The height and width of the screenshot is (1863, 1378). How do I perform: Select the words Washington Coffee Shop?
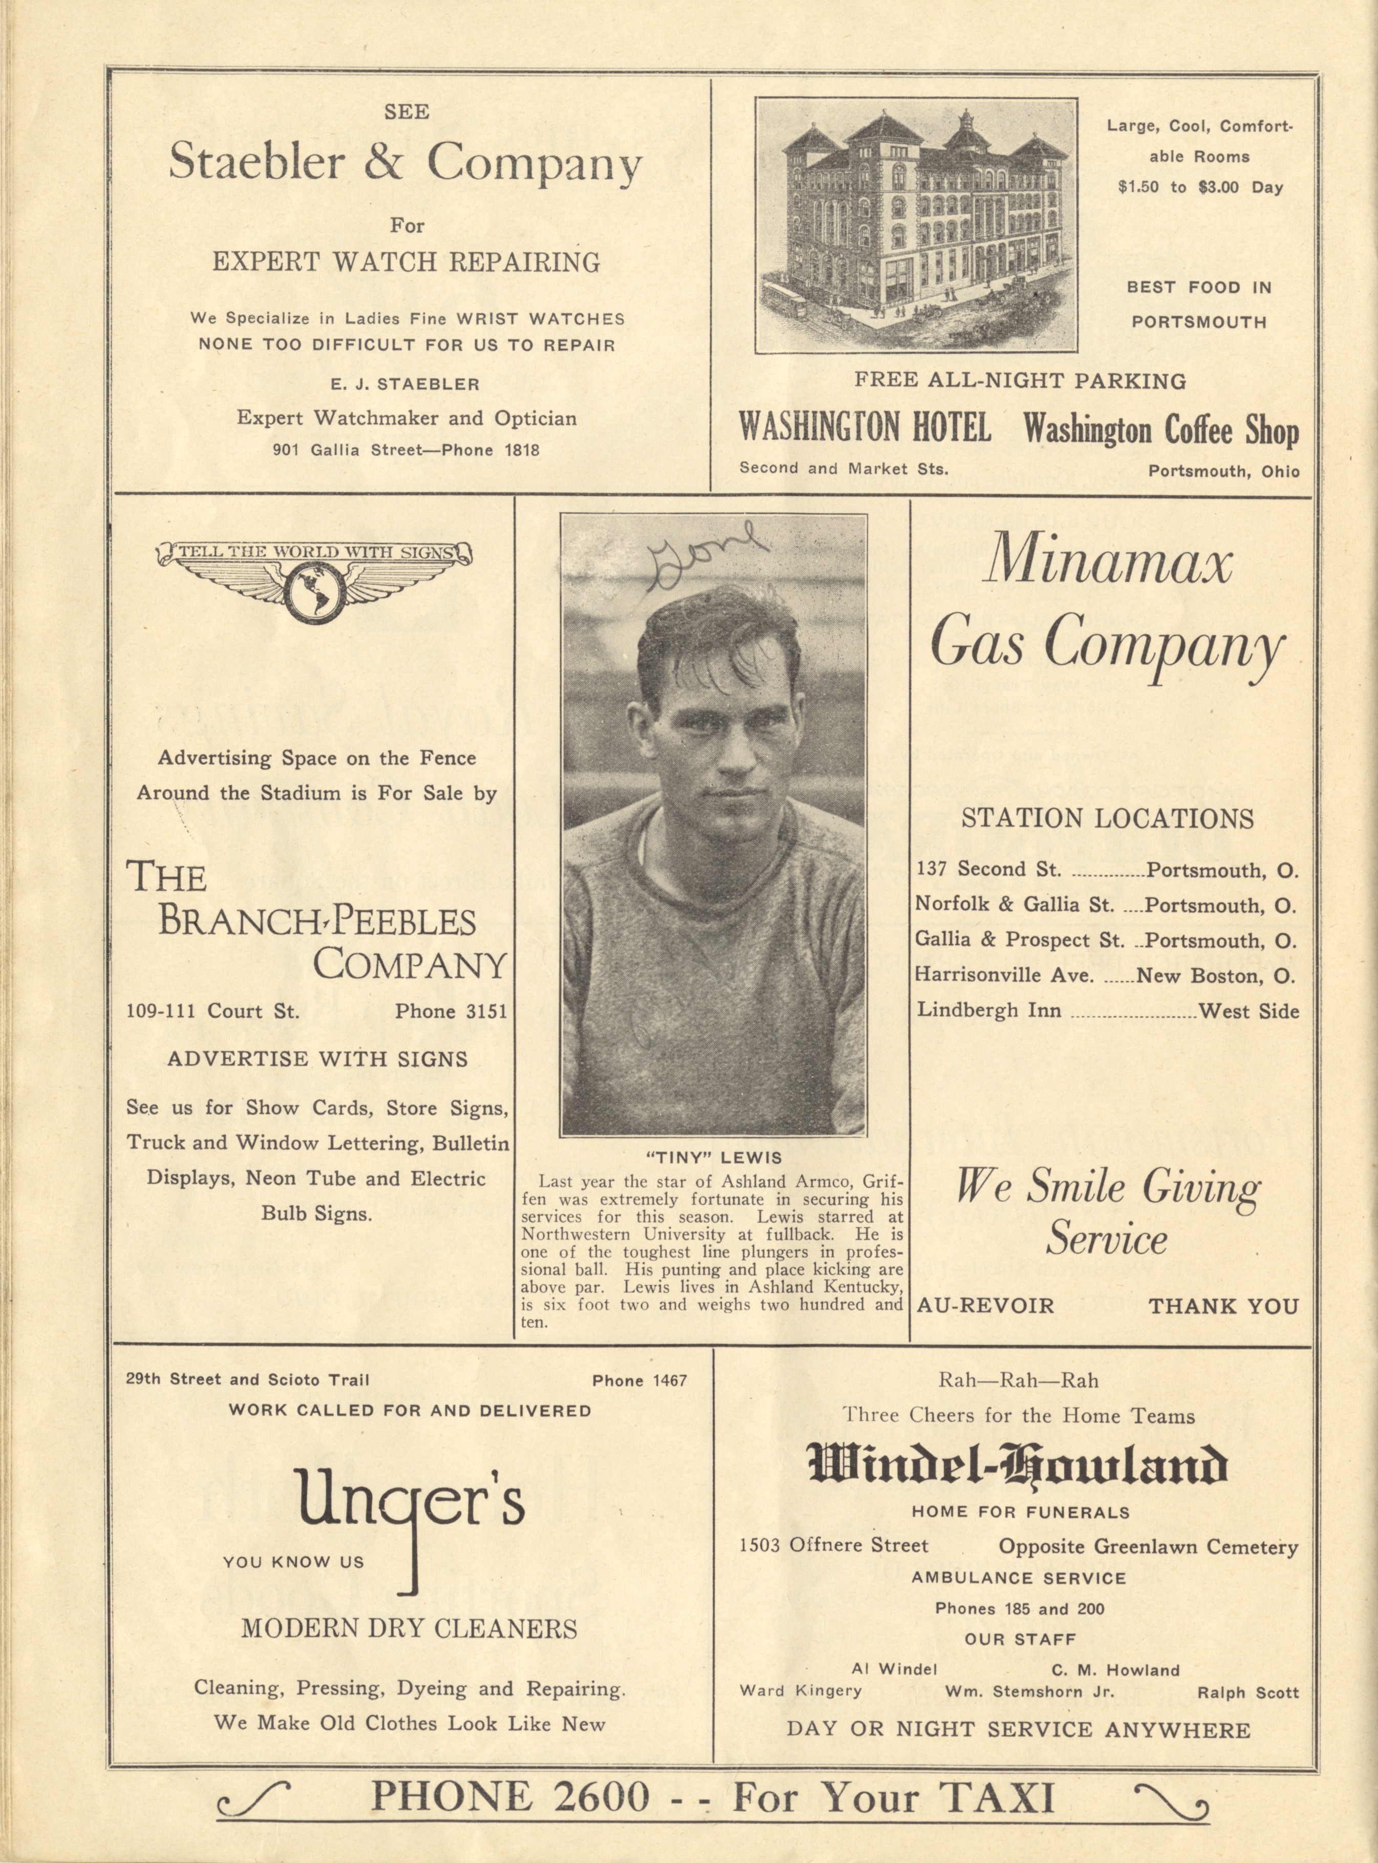(x=1160, y=430)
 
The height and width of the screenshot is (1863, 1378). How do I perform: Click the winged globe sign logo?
(x=314, y=584)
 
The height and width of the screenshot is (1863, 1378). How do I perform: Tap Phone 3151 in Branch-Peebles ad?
(x=450, y=1011)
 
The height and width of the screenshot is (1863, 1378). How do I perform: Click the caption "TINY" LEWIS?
(x=713, y=1158)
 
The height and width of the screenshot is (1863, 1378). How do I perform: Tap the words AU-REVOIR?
(x=984, y=1306)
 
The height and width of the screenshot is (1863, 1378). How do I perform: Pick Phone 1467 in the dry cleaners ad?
(x=639, y=1380)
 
